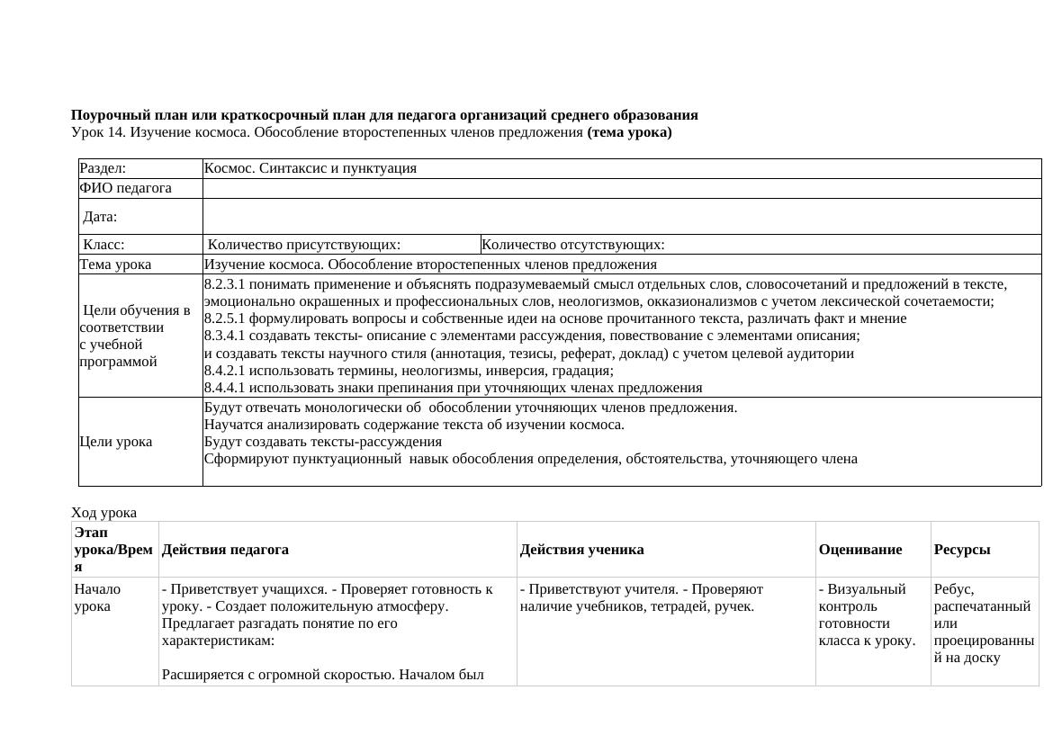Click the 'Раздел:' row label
[103, 168]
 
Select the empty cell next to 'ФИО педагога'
[621, 188]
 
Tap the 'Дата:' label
[100, 217]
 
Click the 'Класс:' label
[103, 245]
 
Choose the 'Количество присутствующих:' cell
[304, 245]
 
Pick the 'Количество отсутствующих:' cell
[573, 245]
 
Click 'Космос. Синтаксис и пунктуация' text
[310, 168]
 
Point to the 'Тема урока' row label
[115, 264]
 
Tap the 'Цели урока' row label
[115, 442]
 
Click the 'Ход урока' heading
[103, 513]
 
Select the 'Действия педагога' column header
[225, 550]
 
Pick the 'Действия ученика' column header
[581, 550]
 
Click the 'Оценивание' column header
[859, 550]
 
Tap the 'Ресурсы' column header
[961, 550]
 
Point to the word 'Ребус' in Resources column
[953, 589]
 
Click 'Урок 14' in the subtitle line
[98, 133]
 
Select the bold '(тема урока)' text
[629, 133]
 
